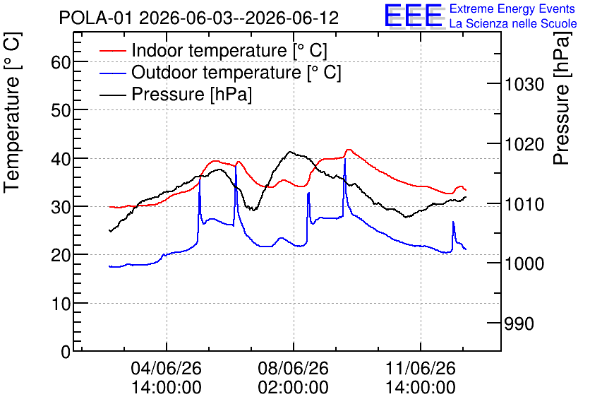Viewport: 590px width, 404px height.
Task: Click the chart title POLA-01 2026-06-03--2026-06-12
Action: coord(199,18)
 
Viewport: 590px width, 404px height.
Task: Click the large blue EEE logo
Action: coord(414,16)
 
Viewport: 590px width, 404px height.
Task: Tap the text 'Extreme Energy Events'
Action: coord(512,8)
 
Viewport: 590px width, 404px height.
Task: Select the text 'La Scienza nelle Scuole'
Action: coord(513,24)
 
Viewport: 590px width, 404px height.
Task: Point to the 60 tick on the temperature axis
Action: coord(61,62)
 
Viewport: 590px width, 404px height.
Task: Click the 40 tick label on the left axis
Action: coord(61,159)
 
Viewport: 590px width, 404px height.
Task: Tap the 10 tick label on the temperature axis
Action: coord(61,304)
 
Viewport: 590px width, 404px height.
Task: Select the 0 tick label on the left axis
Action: coord(66,352)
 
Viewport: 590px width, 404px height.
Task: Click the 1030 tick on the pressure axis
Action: coord(524,84)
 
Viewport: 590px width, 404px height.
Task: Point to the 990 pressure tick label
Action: coord(519,323)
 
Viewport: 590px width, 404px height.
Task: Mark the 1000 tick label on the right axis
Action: coord(524,263)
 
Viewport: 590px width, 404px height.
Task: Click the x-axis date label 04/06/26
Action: coord(167,368)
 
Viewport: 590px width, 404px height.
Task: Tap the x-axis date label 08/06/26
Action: coord(293,368)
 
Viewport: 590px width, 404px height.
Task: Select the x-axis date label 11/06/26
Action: coord(421,368)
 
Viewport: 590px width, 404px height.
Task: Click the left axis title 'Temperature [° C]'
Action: coord(12,112)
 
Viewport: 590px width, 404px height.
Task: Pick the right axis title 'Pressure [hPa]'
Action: coord(562,98)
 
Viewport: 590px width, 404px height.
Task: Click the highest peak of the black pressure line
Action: coord(290,152)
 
